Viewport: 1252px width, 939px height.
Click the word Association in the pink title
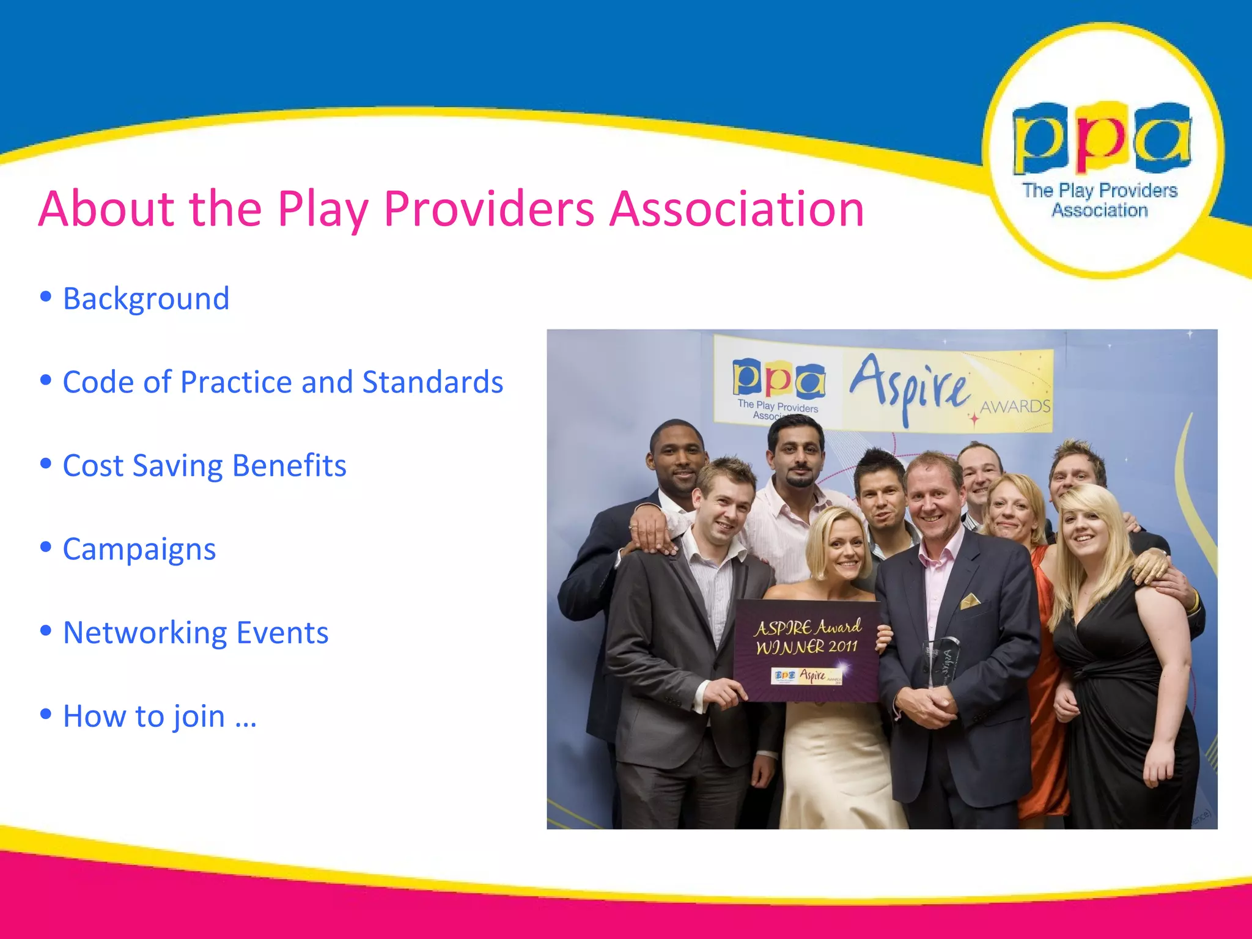737,209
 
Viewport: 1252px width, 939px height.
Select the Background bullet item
146,299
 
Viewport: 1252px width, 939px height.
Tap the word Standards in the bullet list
433,382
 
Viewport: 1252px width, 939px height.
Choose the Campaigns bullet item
139,549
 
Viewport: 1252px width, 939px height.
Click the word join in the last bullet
199,716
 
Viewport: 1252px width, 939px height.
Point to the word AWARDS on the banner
1015,407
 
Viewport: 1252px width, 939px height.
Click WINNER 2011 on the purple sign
806,647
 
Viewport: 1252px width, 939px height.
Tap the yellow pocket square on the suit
969,602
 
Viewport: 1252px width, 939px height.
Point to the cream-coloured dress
838,764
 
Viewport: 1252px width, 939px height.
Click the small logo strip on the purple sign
807,676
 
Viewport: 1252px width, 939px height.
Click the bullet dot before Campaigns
46,546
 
